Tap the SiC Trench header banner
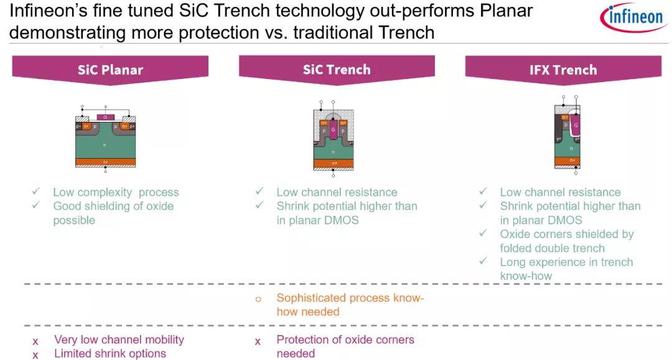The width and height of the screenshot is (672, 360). pos(337,69)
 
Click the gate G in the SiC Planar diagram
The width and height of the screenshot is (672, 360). pos(106,117)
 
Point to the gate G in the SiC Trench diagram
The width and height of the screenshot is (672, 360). pos(334,130)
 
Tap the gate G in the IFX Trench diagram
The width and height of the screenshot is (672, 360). pos(576,125)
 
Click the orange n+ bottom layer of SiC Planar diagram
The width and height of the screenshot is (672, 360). pos(106,162)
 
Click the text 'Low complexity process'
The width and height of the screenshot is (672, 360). pos(116,192)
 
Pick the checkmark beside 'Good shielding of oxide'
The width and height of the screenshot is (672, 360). pos(37,206)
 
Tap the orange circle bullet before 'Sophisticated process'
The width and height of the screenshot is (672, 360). pos(258,299)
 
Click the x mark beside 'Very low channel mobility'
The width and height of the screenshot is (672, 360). pos(35,341)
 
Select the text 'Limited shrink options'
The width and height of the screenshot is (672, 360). pos(110,353)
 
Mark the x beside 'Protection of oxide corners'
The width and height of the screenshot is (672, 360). pos(258,341)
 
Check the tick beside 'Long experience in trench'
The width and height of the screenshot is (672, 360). pos(483,262)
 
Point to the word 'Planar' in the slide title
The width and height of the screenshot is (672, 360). pos(503,12)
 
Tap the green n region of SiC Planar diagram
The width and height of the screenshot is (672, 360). pos(106,144)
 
